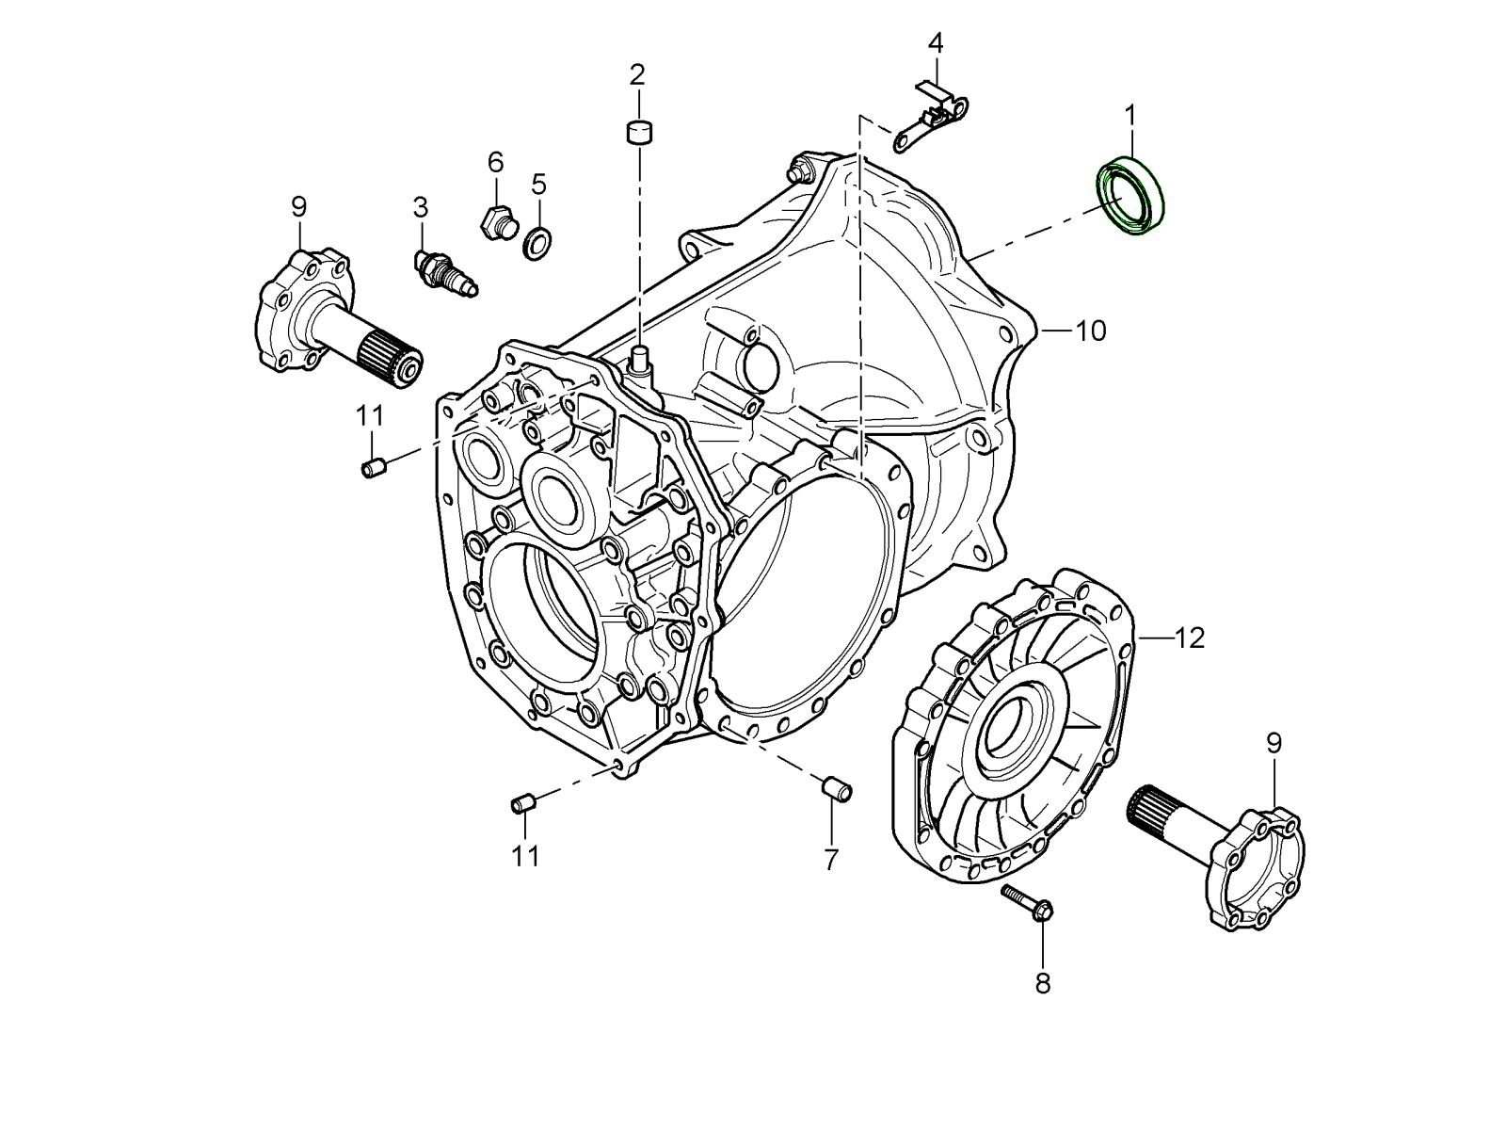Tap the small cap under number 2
tap(639, 131)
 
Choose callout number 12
tap(1190, 638)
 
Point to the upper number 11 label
tap(370, 415)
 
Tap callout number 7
tap(830, 860)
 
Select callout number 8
tap(1042, 983)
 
